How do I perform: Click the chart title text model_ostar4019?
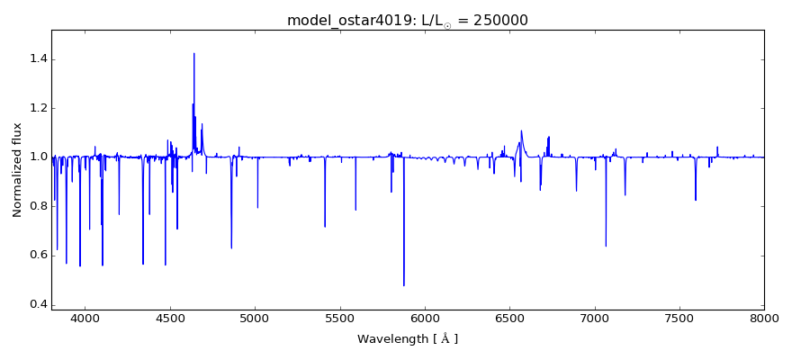point(346,21)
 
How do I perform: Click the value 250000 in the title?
point(494,21)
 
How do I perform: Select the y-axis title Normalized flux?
point(17,169)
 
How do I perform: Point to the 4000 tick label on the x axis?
point(85,318)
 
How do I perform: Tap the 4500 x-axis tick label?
point(170,318)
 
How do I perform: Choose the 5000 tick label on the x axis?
point(255,318)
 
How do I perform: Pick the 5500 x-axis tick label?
point(339,318)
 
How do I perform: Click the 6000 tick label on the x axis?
point(425,318)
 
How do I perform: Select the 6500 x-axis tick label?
point(509,318)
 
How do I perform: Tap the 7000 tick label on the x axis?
point(594,318)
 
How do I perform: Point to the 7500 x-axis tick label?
point(679,318)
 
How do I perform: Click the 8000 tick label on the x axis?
point(764,318)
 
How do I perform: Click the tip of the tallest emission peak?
point(193,53)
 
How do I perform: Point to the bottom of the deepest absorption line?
point(403,285)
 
